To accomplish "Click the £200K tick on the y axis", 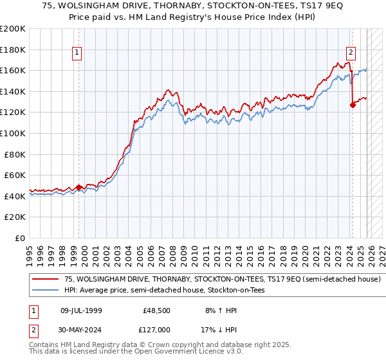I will click(x=13, y=29).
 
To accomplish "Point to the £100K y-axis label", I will click(x=13, y=133).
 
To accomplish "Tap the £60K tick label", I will click(x=15, y=175).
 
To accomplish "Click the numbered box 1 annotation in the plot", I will click(x=77, y=53).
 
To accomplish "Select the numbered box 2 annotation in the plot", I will click(x=351, y=53).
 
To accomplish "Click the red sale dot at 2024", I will click(x=353, y=105).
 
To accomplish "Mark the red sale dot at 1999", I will click(x=78, y=188).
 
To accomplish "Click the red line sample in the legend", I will click(x=46, y=280).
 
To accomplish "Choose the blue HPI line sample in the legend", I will click(x=46, y=291).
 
